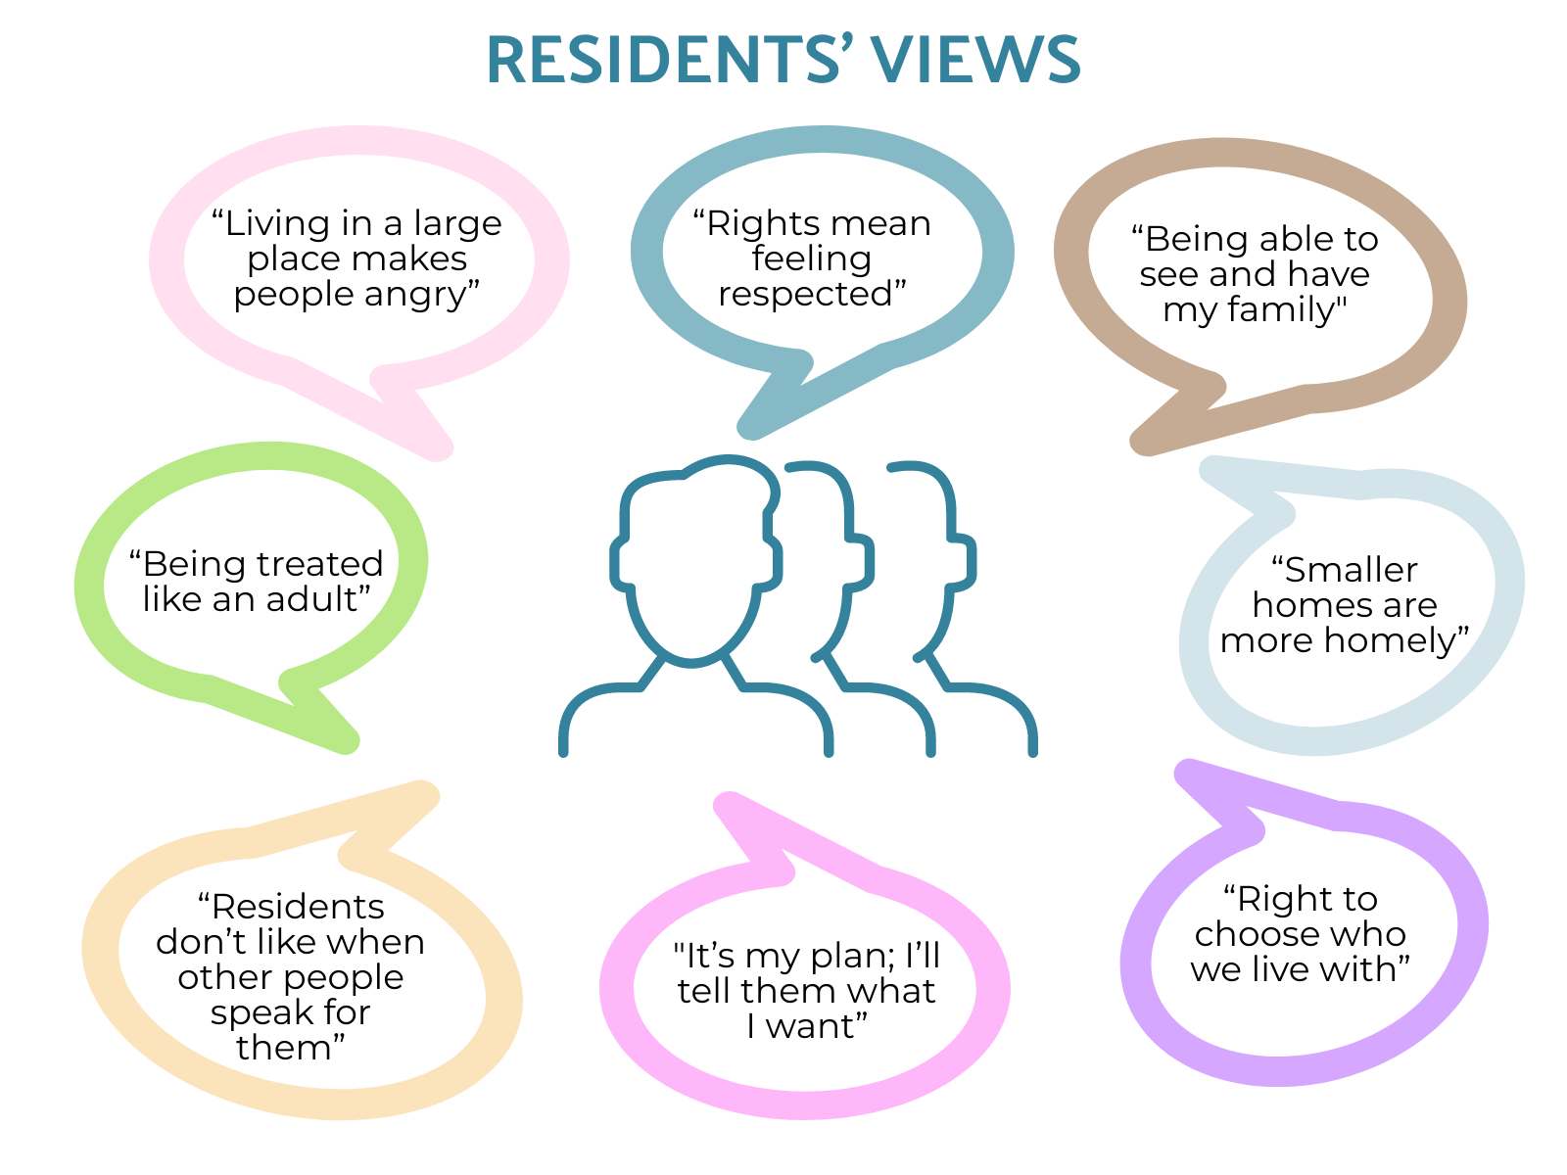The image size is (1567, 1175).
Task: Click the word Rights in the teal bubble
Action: [x=753, y=224]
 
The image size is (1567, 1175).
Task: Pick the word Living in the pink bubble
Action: [x=277, y=224]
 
